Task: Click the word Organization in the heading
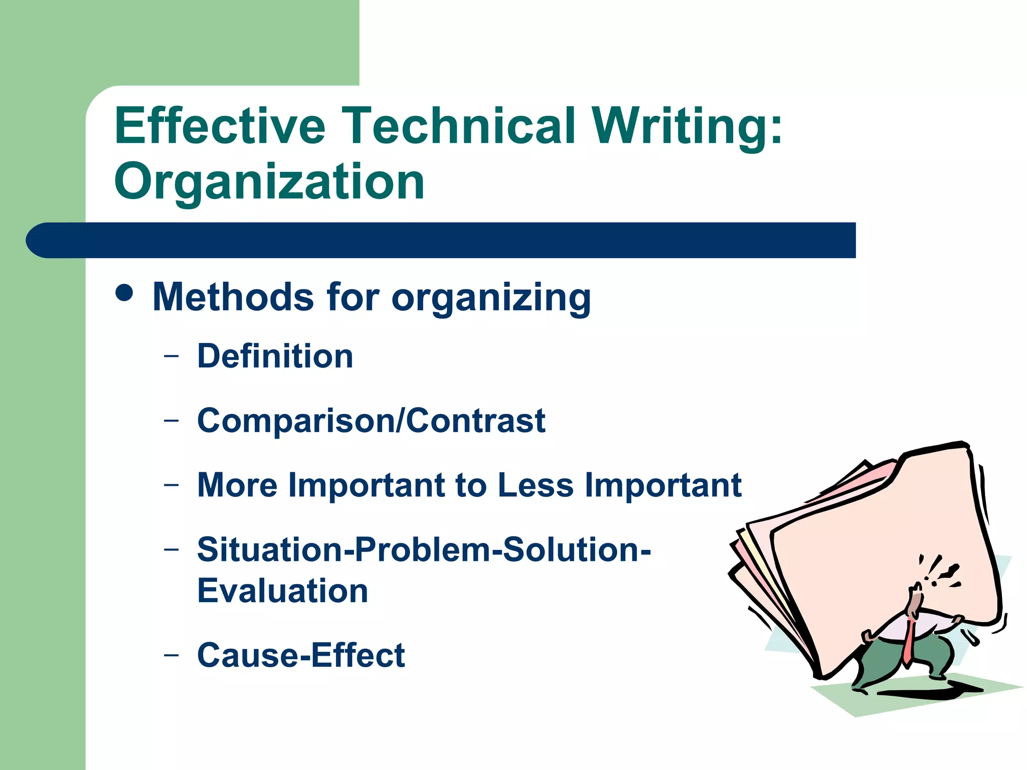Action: coord(269,181)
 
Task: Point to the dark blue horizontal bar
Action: coord(441,240)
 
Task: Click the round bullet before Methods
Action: coord(124,293)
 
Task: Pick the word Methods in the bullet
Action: coord(233,297)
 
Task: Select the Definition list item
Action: coord(275,356)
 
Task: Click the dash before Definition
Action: coord(171,356)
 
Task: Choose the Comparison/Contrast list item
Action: coord(371,420)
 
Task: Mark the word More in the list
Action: coord(237,485)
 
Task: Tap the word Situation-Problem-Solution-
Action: coord(424,549)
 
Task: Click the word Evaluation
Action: coord(282,591)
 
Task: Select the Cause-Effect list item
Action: coord(301,655)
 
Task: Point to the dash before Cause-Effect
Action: coord(171,655)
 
